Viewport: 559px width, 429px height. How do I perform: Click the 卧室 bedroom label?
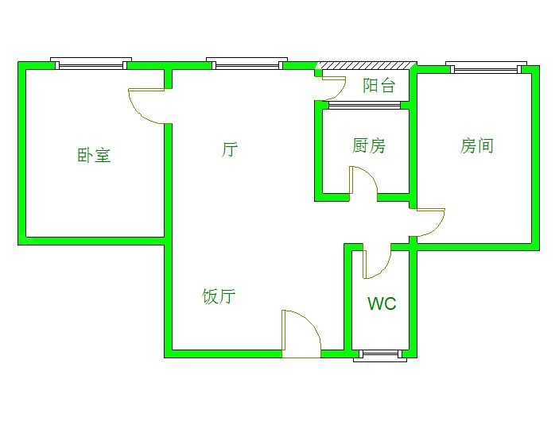(x=94, y=155)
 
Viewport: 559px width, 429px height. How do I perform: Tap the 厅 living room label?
(x=230, y=149)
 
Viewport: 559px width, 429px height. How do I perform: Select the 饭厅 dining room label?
(x=219, y=296)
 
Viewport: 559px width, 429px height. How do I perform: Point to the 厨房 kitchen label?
(x=369, y=145)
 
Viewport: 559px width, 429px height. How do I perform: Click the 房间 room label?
(x=476, y=145)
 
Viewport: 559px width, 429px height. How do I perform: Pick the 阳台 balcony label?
(x=379, y=85)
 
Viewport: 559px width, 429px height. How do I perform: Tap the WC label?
(x=382, y=303)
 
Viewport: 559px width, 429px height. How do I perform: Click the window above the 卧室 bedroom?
(x=91, y=63)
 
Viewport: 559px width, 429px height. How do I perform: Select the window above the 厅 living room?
(x=247, y=63)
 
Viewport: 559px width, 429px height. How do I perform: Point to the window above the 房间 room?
(x=487, y=67)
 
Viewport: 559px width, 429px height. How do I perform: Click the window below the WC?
(x=380, y=356)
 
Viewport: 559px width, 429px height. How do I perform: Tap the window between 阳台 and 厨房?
(x=365, y=105)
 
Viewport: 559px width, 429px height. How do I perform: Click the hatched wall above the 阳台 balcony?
(x=367, y=66)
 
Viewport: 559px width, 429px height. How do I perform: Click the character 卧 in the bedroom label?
(x=85, y=155)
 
